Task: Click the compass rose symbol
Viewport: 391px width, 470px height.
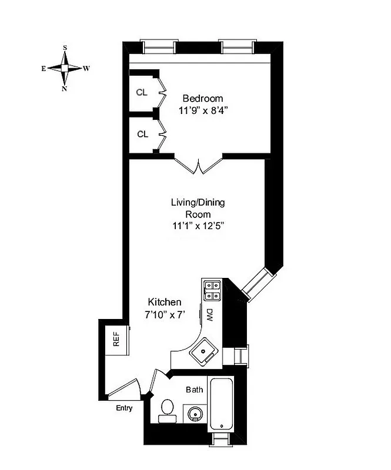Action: [65, 68]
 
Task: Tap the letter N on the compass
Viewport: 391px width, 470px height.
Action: [65, 89]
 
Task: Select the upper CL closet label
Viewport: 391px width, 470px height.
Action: [142, 92]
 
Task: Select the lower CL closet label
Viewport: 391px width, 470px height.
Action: [142, 134]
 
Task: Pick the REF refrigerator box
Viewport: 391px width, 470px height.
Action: [116, 340]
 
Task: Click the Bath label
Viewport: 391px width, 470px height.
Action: [194, 390]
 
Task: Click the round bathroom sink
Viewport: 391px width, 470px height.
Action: [193, 414]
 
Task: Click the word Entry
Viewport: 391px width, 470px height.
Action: [124, 408]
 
